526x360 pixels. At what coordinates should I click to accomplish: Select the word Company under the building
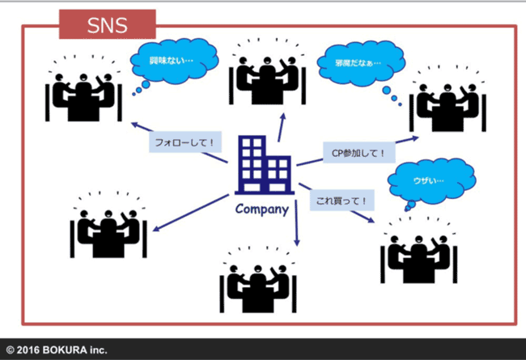pos(261,209)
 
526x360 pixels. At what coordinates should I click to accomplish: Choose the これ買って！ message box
pos(341,199)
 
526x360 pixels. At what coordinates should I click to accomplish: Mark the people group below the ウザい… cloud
pos(418,252)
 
